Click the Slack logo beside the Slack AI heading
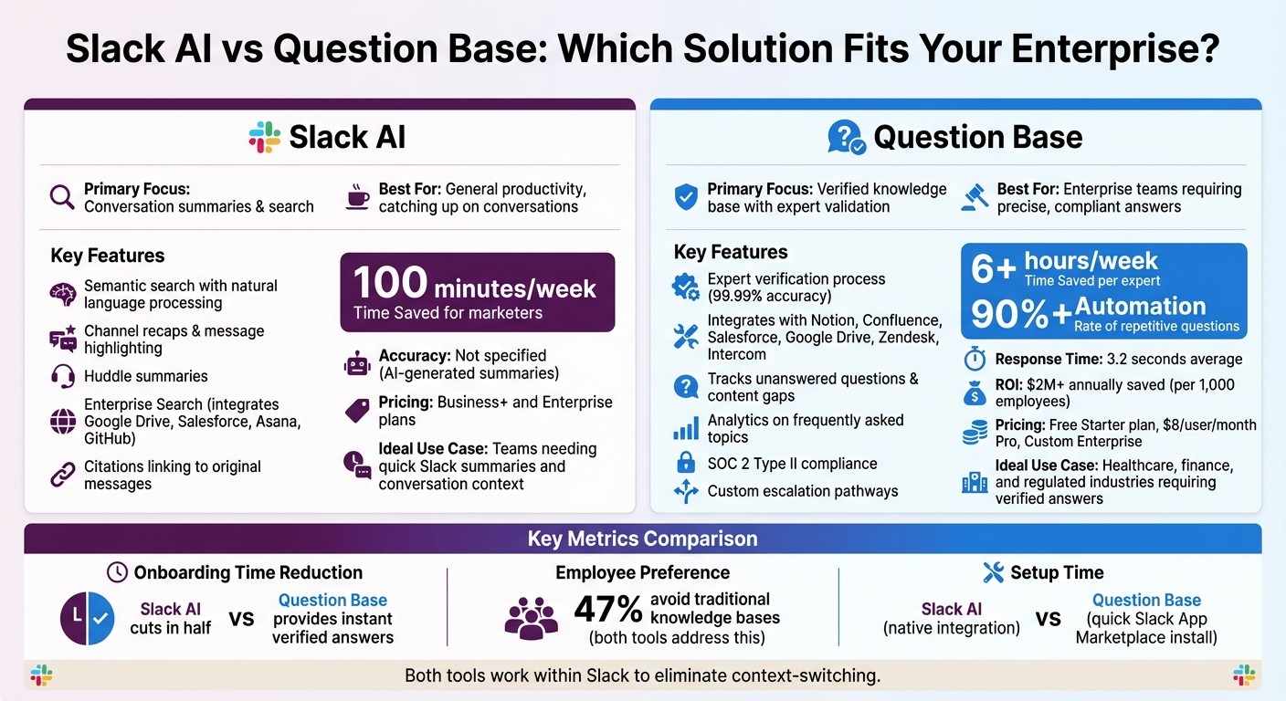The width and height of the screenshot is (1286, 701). click(265, 137)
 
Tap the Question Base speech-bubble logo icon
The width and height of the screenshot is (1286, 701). click(846, 138)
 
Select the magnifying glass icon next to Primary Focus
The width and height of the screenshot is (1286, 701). click(62, 197)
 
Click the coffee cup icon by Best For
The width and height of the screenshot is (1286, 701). click(358, 197)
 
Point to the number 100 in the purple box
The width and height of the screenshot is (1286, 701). click(390, 283)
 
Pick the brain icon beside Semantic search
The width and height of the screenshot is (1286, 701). click(63, 294)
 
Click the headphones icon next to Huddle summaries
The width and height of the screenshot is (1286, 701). click(63, 376)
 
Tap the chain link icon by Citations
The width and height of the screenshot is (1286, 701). click(63, 475)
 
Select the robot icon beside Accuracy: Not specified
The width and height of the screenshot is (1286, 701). click(357, 364)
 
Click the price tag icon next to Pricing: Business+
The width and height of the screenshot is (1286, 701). click(357, 411)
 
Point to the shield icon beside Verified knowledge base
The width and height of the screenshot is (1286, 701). click(686, 197)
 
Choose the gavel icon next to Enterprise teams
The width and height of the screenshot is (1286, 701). click(975, 197)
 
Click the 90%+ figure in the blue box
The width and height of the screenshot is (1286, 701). click(1021, 313)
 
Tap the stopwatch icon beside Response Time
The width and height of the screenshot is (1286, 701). click(975, 359)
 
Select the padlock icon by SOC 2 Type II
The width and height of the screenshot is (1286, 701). click(686, 463)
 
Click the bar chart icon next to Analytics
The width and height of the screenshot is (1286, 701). click(686, 429)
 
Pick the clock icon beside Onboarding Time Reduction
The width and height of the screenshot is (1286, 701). click(117, 572)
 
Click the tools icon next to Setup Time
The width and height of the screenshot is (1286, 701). click(993, 572)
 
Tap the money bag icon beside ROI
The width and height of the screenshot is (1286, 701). click(975, 393)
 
